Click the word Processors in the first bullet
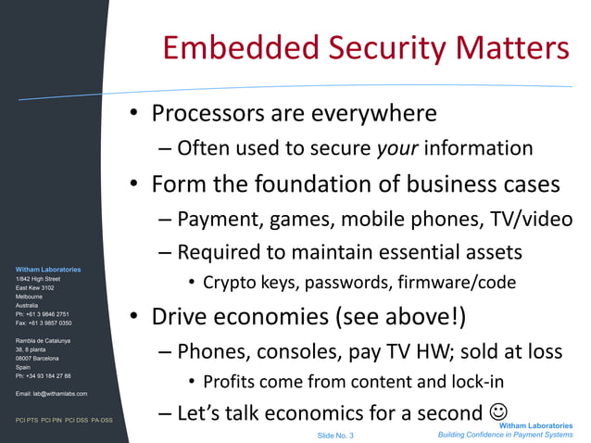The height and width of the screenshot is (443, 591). tap(206, 114)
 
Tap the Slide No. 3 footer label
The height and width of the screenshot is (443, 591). tap(335, 435)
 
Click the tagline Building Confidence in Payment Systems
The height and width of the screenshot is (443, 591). tap(506, 435)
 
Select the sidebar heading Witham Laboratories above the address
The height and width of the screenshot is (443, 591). tap(48, 269)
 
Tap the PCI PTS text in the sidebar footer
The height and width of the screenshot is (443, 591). tap(27, 420)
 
